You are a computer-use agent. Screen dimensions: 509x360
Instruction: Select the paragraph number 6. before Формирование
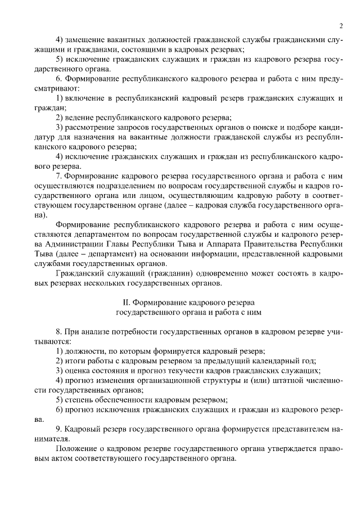(x=60, y=79)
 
